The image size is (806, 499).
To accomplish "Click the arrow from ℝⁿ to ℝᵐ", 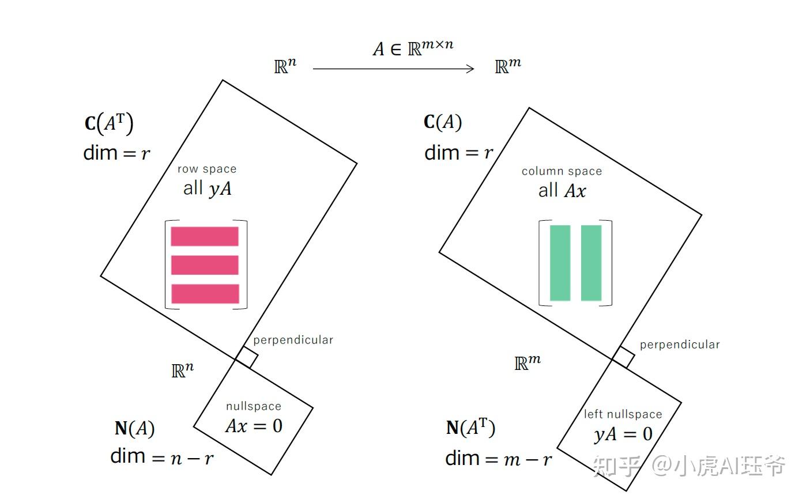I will click(393, 69).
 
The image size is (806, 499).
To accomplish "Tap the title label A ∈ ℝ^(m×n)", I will click(413, 48).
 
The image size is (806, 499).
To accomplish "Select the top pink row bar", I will click(205, 236).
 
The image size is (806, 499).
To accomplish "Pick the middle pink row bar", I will click(205, 265).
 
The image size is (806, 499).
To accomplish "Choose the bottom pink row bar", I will click(205, 293).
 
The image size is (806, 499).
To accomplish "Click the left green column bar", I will click(560, 263).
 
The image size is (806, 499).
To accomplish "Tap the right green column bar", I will click(591, 263).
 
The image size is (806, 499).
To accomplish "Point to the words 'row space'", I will click(207, 169).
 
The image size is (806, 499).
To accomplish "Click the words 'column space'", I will click(562, 172).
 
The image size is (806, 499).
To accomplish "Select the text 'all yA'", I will click(208, 188).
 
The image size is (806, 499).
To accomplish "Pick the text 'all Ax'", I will click(562, 191).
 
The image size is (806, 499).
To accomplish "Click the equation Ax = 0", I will click(254, 426).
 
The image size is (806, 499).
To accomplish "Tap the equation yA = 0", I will click(623, 434).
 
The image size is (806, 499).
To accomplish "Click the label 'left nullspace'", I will click(623, 414).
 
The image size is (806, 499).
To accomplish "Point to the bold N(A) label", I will click(134, 429).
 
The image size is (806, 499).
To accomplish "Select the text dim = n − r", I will click(162, 457).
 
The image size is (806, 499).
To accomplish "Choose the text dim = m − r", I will click(499, 459).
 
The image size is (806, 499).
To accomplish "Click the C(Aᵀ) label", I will click(109, 123).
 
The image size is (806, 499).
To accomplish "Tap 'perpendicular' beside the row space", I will click(293, 340).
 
